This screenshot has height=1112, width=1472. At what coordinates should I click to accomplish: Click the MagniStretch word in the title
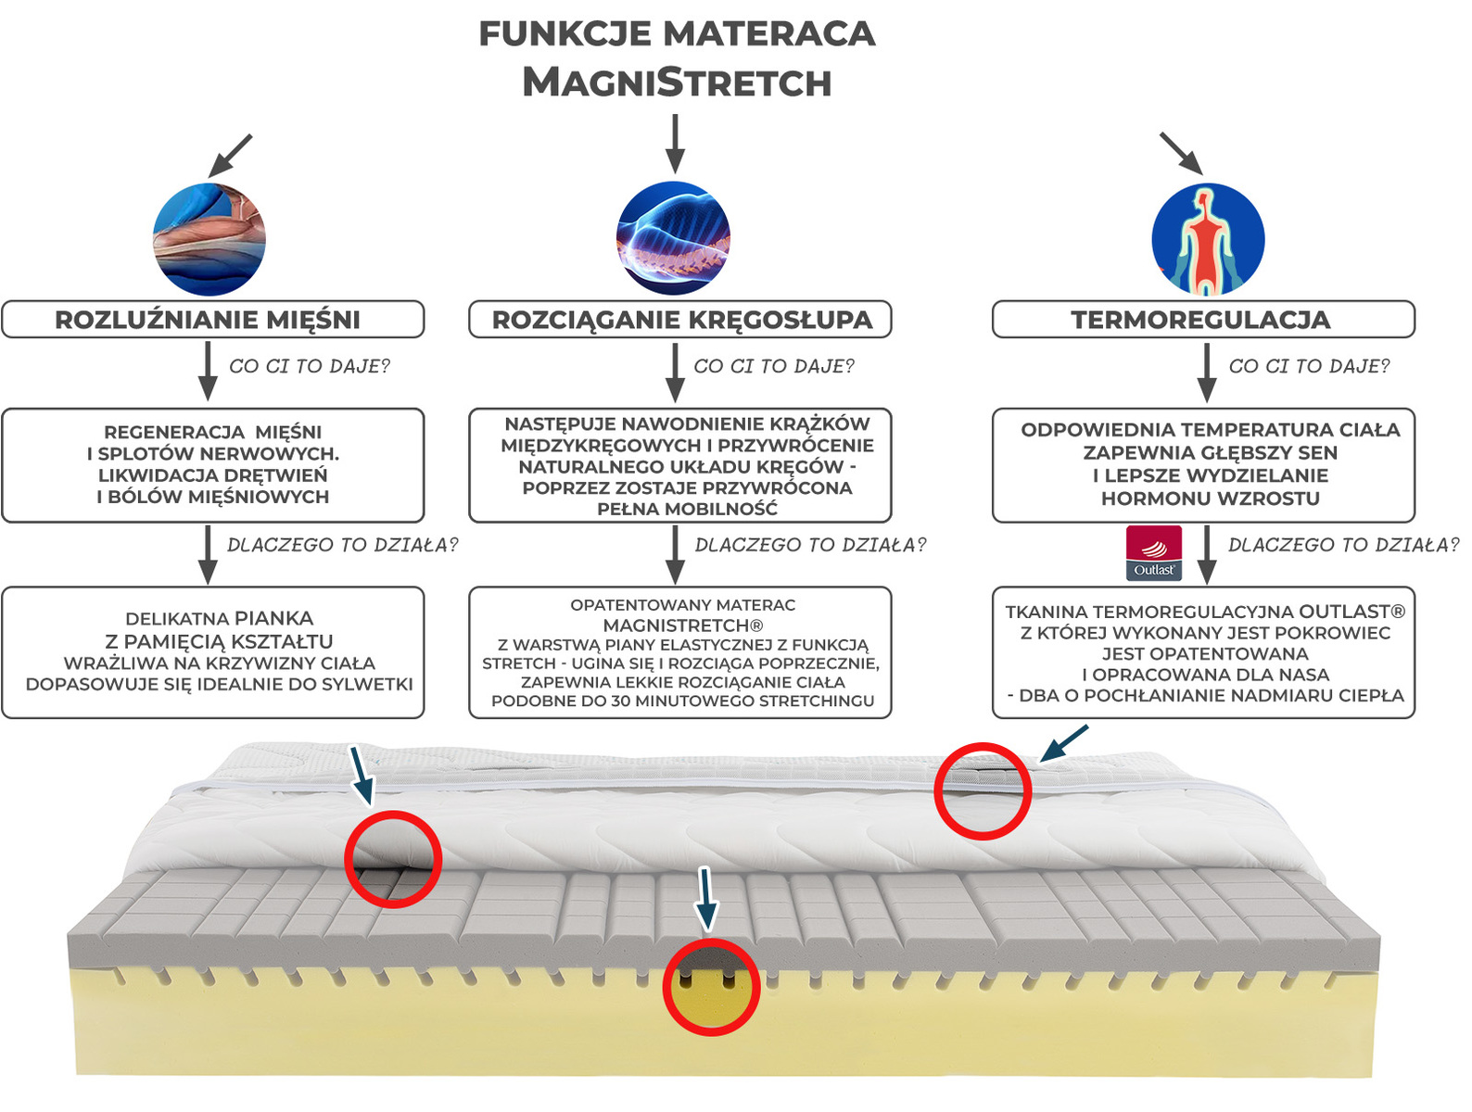[x=677, y=82]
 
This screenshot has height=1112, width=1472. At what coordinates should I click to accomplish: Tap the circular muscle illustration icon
[x=209, y=239]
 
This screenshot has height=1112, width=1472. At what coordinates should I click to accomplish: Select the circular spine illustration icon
[x=673, y=239]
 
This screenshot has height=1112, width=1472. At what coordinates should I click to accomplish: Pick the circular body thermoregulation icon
[x=1208, y=239]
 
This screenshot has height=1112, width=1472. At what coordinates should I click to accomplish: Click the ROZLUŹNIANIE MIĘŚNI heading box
[x=212, y=320]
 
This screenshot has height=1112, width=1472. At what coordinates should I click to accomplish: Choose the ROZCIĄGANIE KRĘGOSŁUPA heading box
[x=680, y=320]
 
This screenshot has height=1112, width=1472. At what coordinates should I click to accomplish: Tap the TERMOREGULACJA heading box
[x=1202, y=320]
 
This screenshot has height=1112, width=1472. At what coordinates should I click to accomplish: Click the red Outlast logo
[x=1153, y=553]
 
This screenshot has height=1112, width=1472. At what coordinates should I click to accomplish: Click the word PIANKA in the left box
[x=273, y=618]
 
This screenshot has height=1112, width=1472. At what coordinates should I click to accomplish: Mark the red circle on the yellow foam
[x=711, y=987]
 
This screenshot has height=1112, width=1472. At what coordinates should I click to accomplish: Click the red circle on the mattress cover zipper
[x=983, y=791]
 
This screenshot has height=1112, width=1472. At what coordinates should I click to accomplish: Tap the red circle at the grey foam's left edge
[x=393, y=859]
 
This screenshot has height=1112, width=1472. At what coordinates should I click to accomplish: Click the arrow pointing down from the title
[x=676, y=144]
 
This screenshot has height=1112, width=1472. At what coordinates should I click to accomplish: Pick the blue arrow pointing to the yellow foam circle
[x=706, y=898]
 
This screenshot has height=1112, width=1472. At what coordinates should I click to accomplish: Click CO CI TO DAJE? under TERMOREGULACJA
[x=1309, y=367]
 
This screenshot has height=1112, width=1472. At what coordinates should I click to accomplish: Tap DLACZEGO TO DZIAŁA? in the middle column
[x=810, y=545]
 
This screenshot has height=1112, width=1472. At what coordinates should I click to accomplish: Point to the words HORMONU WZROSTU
[x=1210, y=499]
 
